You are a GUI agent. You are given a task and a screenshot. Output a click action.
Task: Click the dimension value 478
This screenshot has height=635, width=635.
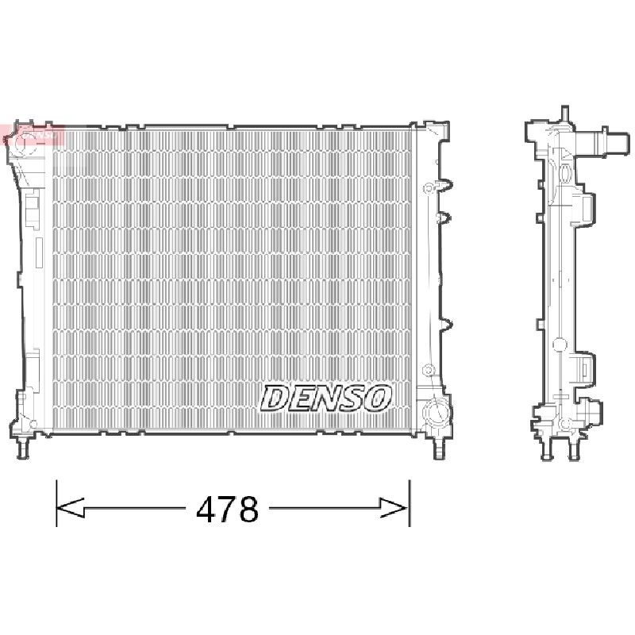[227, 509]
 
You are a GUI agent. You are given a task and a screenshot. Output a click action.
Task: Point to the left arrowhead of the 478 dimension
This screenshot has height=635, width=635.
[70, 508]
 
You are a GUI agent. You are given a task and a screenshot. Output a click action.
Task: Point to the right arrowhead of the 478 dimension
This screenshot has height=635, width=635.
[394, 508]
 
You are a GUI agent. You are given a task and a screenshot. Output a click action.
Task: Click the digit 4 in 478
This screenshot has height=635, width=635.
[206, 509]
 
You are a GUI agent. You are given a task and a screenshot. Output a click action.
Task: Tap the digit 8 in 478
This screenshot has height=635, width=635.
[248, 509]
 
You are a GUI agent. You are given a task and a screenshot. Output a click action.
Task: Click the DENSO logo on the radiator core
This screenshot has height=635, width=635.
[326, 398]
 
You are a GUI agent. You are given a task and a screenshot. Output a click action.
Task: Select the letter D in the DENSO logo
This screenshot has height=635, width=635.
[275, 398]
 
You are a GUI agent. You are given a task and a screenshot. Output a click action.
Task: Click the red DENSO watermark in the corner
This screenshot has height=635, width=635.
[33, 134]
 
